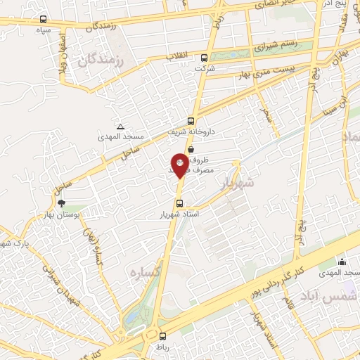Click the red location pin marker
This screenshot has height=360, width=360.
click(180, 165)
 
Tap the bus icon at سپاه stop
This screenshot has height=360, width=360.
click(44, 20)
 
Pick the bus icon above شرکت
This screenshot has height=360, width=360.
click(205, 58)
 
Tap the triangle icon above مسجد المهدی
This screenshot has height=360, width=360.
click(120, 127)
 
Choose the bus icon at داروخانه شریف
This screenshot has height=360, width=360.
click(191, 120)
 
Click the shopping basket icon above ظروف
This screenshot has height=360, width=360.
click(191, 148)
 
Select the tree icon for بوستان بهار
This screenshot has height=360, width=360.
click(61, 202)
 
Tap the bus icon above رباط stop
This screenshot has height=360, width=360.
click(162, 336)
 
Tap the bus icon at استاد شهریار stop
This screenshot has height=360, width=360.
click(179, 204)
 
